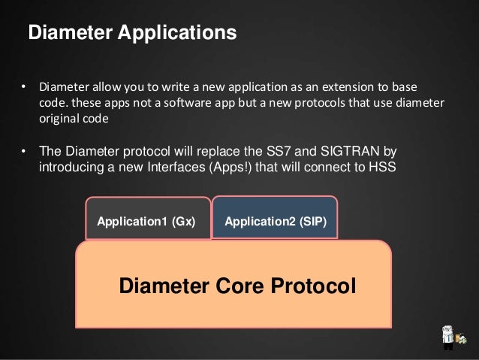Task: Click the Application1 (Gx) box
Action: (146, 222)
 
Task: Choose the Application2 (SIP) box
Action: (276, 221)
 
